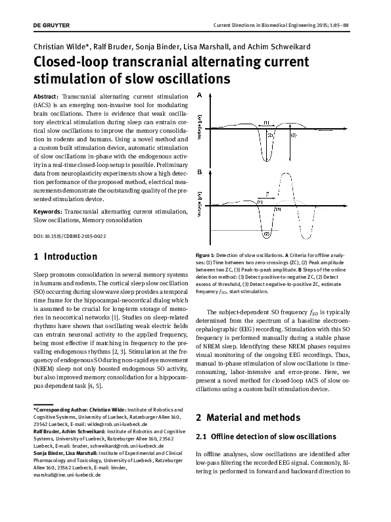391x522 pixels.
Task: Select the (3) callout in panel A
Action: (x=293, y=135)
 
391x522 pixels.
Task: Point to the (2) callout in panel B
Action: (x=266, y=233)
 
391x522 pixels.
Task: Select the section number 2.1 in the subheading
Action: (x=204, y=437)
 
